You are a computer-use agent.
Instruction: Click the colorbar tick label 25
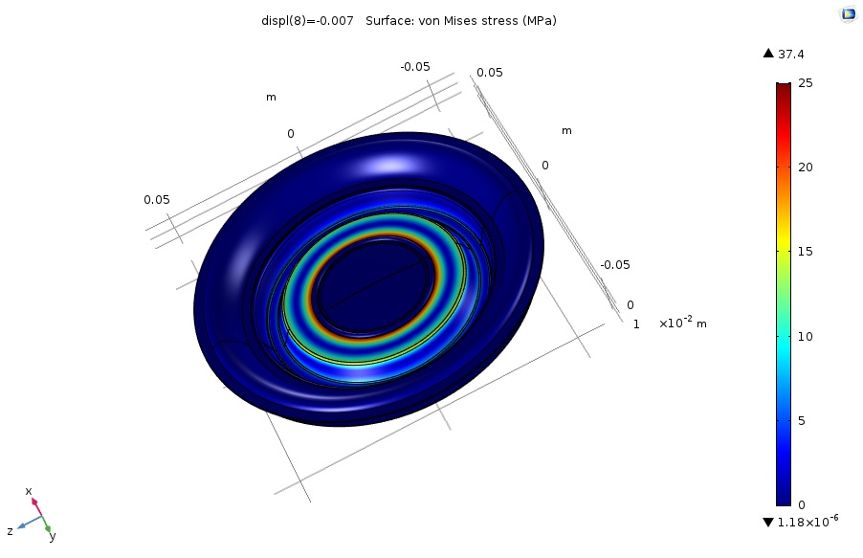coord(806,83)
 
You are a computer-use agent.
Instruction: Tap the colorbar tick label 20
coord(806,167)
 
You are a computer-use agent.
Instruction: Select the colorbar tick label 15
coord(806,252)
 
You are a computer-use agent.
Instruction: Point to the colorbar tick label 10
coord(806,337)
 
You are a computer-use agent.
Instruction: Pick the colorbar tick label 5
coord(802,421)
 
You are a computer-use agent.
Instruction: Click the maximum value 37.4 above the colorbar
coord(791,54)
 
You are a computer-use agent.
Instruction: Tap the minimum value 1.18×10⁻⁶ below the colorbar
coord(808,521)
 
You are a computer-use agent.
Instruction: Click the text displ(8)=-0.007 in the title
coord(307,21)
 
